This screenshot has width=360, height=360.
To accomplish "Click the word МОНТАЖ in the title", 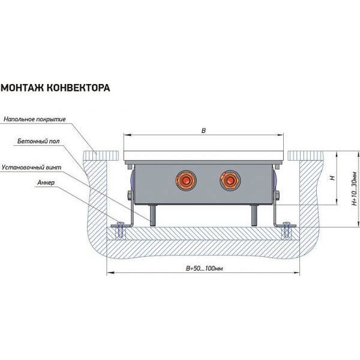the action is click(23, 88).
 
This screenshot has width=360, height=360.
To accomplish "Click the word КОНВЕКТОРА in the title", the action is click(79, 88).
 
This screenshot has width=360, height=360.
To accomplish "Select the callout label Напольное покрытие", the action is click(35, 119).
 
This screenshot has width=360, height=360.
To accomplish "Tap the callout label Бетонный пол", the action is click(38, 141).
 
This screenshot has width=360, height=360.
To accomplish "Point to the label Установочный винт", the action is click(31, 167).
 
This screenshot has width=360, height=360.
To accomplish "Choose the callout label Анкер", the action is click(46, 182).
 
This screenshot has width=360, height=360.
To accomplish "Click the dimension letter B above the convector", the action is click(203, 131).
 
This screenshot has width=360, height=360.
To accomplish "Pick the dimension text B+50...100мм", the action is click(204, 268).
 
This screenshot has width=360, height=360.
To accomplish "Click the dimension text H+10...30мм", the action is click(355, 188).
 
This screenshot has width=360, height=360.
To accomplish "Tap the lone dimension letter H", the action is click(332, 178).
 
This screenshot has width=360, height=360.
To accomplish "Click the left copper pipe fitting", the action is click(185, 180).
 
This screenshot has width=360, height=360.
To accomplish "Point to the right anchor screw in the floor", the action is click(287, 230).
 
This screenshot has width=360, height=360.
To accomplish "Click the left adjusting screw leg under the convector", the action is click(153, 215).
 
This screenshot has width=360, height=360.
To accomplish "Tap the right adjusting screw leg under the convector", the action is click(254, 215).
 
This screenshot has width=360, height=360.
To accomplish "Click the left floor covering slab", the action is click(101, 155).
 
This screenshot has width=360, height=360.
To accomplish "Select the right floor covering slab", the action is click(305, 155).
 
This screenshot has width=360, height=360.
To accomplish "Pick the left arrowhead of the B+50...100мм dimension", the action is click(110, 273).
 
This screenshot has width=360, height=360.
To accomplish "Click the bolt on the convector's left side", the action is click(130, 196).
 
